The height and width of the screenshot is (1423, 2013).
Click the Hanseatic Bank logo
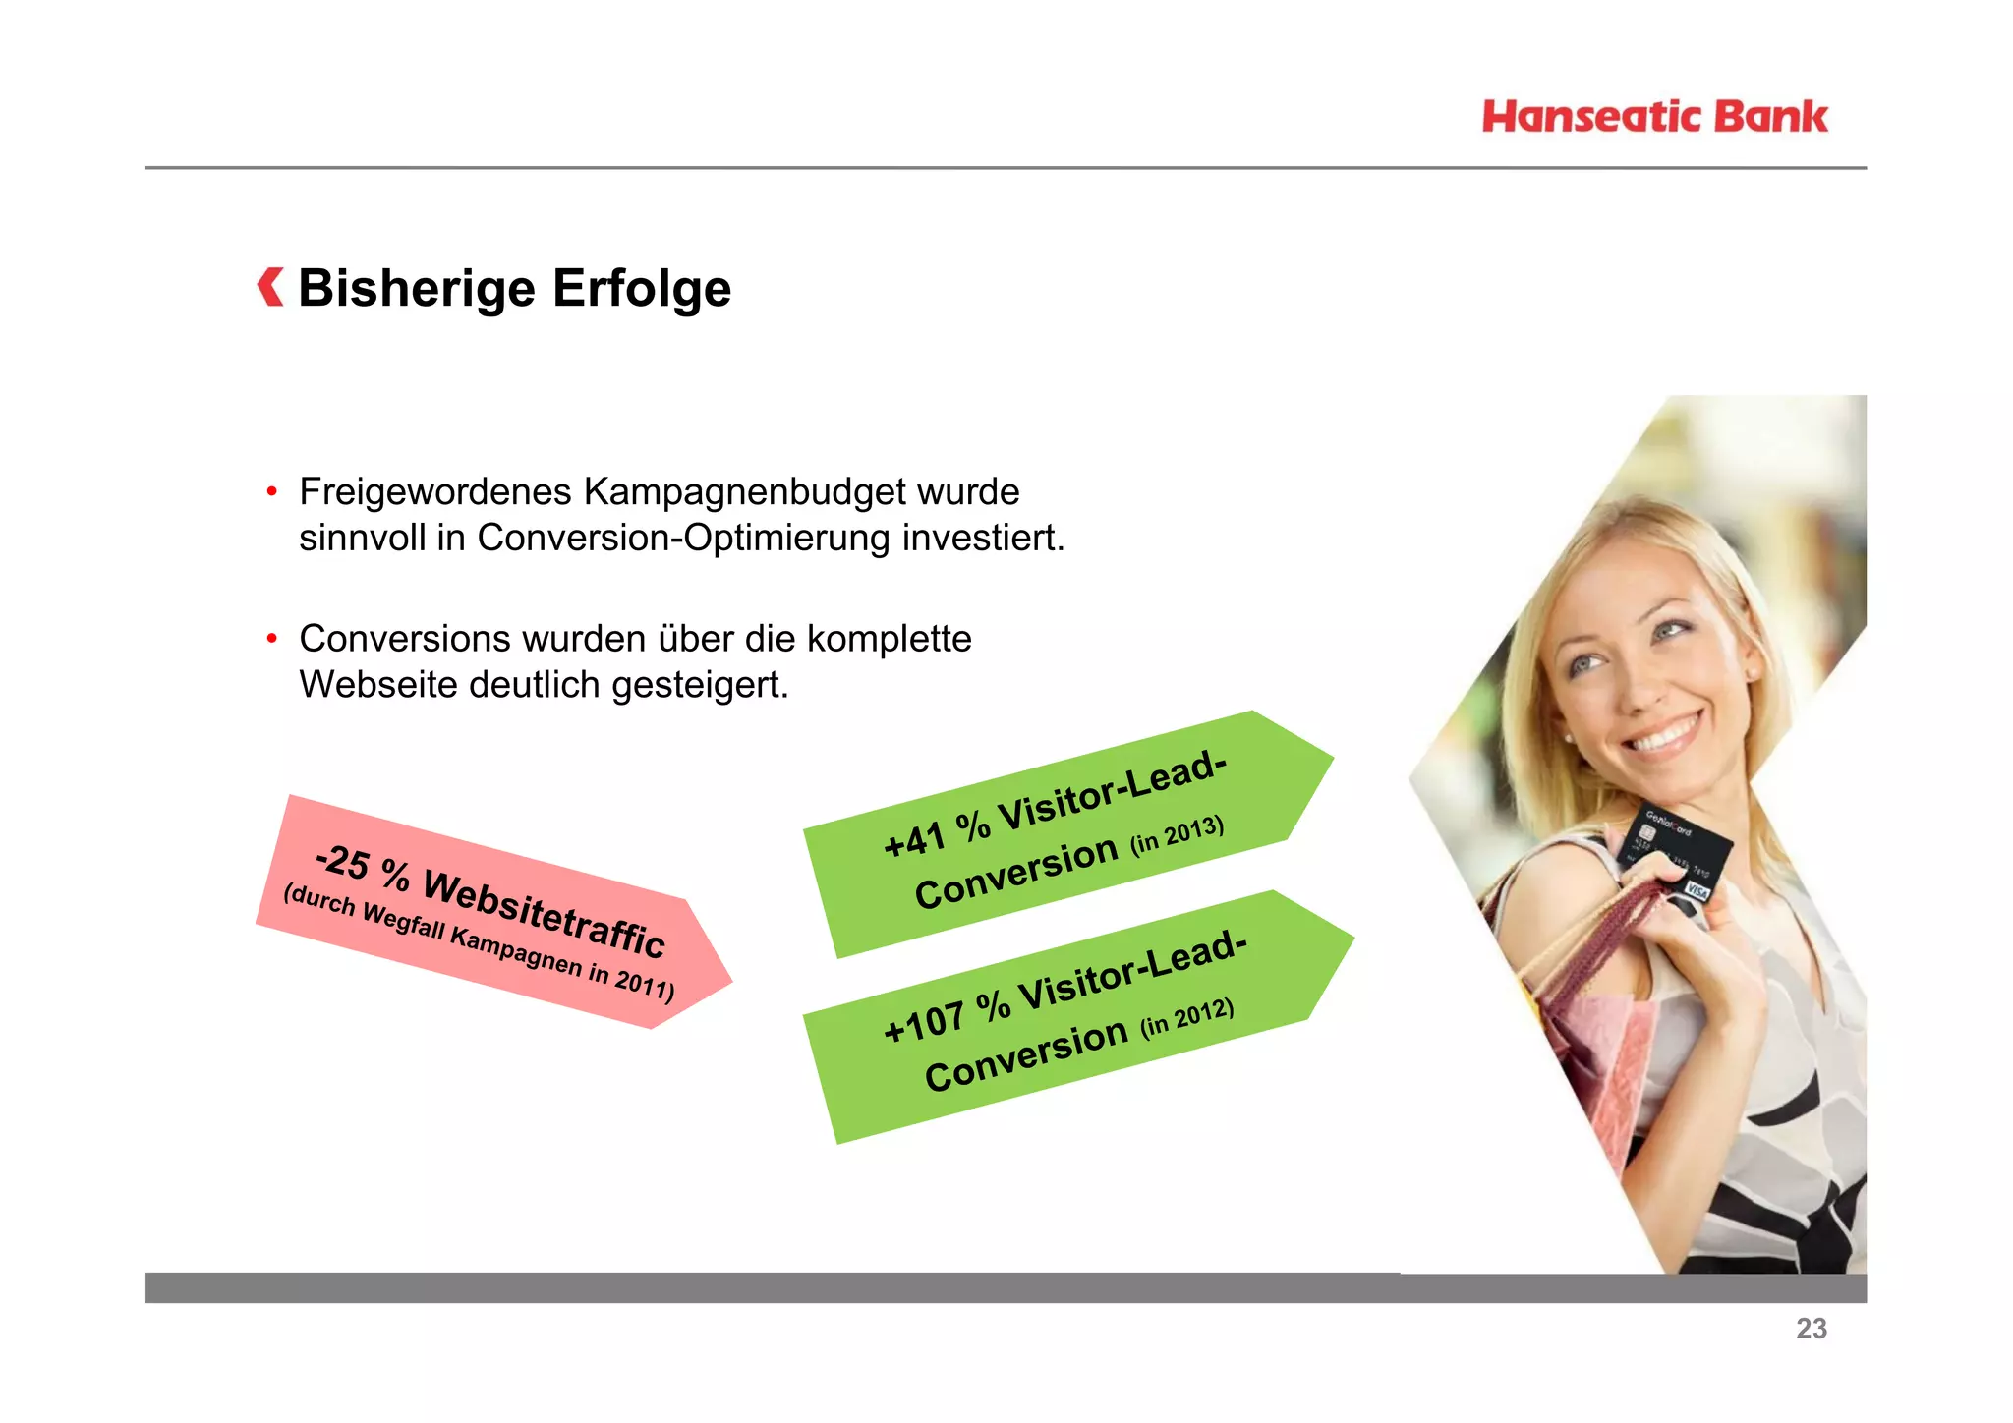(1655, 117)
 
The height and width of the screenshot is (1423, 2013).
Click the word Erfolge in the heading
(641, 289)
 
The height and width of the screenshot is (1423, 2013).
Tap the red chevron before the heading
(270, 287)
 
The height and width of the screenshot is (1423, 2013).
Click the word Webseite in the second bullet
(378, 685)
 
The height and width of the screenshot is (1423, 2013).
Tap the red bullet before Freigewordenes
(272, 491)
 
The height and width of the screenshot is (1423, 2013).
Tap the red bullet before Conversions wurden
(272, 639)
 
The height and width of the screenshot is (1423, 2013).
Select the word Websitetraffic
(544, 913)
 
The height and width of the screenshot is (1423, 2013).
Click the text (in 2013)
(1177, 835)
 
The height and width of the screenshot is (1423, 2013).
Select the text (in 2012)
(1186, 1017)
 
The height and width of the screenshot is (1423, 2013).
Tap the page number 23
(1811, 1329)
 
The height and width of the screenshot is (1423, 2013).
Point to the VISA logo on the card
(1697, 889)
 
